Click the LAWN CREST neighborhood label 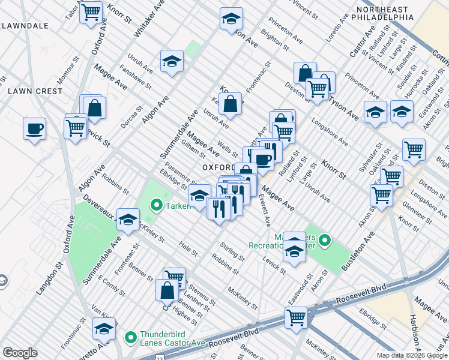35,91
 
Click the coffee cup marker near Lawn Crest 34,128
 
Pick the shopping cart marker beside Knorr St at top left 91,11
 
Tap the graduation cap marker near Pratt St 104,329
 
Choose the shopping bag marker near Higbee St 167,290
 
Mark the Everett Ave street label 264,210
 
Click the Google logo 20,353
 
